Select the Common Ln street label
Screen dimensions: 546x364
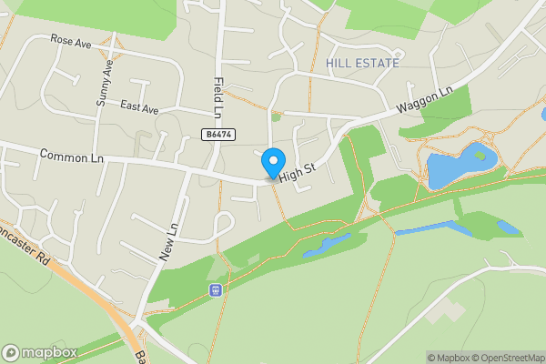72,157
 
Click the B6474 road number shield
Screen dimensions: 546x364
217,134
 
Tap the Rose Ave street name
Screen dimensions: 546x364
72,40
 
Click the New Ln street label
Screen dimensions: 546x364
168,243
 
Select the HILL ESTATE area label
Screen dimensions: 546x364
362,63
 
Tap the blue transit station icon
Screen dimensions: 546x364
216,290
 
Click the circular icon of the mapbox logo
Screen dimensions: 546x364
11,352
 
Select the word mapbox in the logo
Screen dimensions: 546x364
50,352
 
